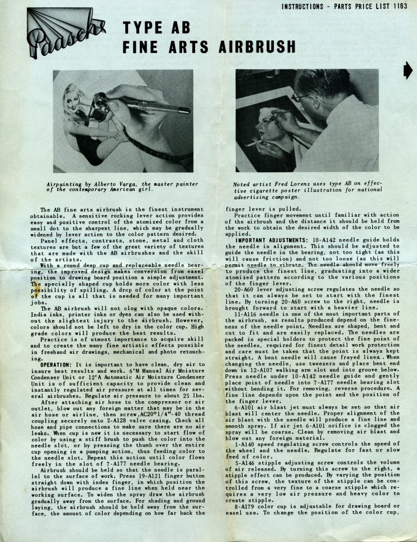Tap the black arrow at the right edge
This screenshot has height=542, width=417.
point(407,70)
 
